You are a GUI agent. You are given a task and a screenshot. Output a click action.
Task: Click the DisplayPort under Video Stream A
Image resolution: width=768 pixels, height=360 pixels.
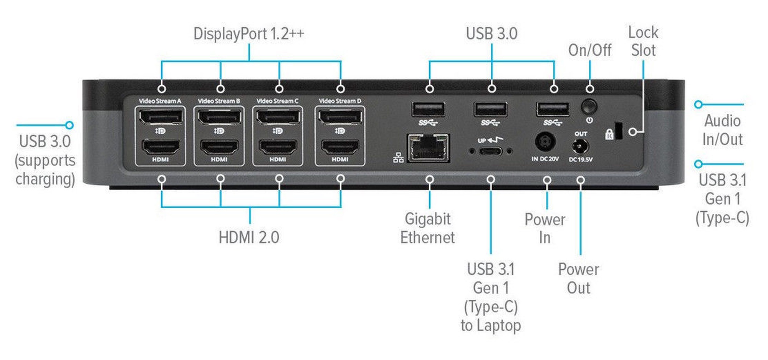coord(161,117)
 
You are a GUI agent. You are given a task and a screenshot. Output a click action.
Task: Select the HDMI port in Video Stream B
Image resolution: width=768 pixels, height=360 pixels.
coord(219,147)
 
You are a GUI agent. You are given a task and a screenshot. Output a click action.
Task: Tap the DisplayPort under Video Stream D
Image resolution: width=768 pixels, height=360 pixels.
coord(340,117)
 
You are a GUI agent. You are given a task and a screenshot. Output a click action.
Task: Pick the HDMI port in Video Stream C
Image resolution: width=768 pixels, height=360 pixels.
coord(278,147)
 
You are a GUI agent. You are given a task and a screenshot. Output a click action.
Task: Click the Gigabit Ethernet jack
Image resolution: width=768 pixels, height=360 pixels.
coord(428,148)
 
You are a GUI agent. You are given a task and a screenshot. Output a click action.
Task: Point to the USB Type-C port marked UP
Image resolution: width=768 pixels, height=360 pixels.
coord(490,151)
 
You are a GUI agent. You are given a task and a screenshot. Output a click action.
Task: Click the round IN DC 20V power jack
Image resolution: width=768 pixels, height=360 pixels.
coord(545,142)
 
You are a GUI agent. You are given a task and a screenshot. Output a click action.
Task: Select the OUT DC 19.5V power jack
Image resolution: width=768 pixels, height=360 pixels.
coord(580,146)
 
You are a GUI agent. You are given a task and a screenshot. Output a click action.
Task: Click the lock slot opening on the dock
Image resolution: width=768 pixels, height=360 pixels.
coord(618,131)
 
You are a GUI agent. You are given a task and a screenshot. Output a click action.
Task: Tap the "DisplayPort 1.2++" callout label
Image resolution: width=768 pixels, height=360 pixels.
coord(249,34)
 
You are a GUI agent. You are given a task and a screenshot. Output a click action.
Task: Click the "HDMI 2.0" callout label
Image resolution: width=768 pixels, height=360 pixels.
coord(249,237)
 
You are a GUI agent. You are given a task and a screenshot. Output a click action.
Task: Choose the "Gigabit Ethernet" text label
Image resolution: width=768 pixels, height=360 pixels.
coord(427,228)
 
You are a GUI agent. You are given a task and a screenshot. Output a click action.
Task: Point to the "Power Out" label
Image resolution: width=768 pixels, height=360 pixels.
coord(578,279)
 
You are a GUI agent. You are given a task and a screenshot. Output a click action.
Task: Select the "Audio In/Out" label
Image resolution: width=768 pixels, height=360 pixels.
coord(722,130)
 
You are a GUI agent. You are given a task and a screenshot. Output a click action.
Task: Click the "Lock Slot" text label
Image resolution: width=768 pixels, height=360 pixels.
coord(643,41)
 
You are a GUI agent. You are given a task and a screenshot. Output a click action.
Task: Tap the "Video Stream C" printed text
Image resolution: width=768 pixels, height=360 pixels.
coord(277,101)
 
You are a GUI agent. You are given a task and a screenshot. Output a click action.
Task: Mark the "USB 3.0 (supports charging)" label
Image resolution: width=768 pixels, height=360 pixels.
coord(45,160)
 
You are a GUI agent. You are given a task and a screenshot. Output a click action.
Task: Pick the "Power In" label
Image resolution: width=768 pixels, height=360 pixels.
coord(545,229)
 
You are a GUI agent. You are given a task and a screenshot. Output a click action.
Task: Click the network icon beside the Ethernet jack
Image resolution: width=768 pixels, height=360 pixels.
coord(398,158)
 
